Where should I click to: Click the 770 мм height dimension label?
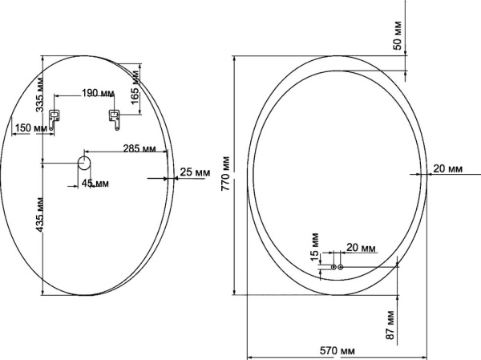tap(226, 173)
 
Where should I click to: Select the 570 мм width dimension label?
tap(338, 350)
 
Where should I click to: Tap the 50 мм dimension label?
tap(398, 35)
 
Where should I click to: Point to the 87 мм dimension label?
tap(390, 325)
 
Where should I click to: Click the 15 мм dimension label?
tap(315, 248)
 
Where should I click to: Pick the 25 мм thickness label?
tap(195, 172)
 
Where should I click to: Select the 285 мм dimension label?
tap(139, 148)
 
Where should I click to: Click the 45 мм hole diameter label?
tap(95, 184)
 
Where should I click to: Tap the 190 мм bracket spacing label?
tap(98, 93)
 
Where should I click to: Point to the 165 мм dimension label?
tap(135, 87)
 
